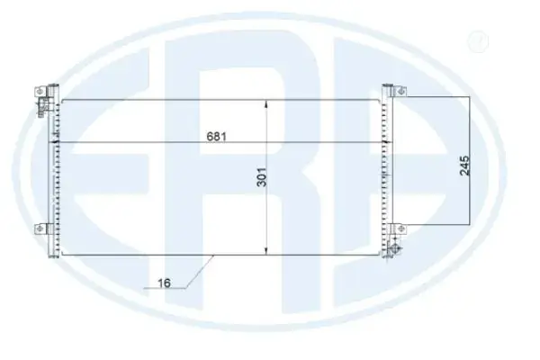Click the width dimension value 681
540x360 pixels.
(217, 137)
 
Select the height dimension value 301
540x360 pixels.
(262, 177)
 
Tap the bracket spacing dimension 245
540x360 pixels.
(464, 166)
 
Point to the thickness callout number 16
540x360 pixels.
(164, 283)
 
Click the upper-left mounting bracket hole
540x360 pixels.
(40, 91)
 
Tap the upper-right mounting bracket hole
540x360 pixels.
(400, 91)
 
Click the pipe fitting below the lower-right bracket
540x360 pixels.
(395, 247)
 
